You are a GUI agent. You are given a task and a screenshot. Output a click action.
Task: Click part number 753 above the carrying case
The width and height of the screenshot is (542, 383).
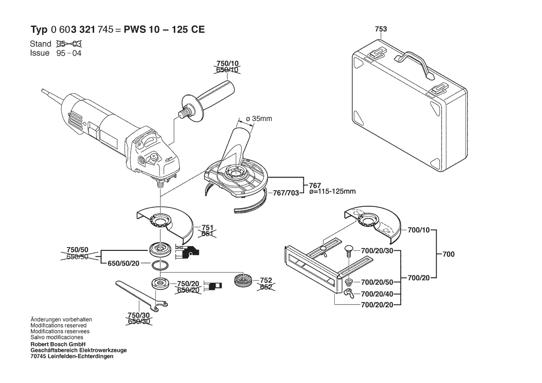coord(381,29)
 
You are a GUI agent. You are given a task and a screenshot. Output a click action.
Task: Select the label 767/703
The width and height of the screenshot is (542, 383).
coord(286,193)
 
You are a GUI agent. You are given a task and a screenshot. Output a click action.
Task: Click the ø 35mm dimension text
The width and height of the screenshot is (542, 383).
coord(259,119)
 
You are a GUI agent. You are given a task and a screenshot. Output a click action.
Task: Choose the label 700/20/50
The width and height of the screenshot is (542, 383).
coord(377,282)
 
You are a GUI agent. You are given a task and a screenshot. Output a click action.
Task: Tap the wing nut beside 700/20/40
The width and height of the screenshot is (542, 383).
coord(349,294)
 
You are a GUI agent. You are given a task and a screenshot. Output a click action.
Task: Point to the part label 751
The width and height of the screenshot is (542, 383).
coord(207,228)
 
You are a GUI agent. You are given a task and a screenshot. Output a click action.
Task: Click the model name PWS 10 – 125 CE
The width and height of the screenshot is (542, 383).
coord(164,29)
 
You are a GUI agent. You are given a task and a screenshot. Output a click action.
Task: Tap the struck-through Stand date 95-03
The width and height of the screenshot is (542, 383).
coord(69,44)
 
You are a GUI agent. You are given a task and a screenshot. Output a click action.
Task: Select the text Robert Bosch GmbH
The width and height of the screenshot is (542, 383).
coord(58,345)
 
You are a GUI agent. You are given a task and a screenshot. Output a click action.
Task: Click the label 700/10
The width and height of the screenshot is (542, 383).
coord(419,230)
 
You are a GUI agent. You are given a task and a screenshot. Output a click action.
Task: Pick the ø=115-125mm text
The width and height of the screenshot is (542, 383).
coord(332,191)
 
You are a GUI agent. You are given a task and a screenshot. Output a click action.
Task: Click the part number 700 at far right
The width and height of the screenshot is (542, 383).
coord(448,255)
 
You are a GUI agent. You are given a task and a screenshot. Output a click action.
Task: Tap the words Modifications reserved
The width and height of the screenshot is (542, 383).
coord(58,326)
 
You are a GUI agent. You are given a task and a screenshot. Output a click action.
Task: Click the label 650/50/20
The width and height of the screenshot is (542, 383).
coord(123,263)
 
